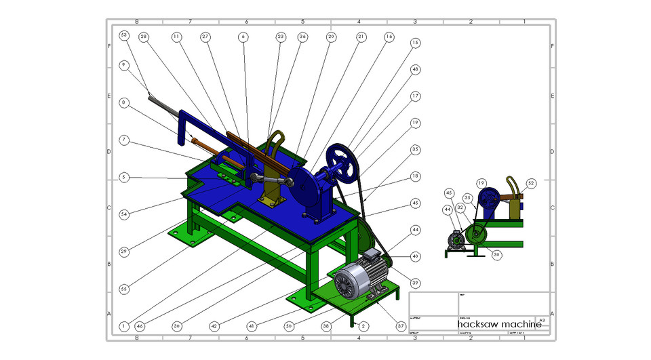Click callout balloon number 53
click(123, 35)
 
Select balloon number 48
click(415, 69)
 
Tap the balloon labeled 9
click(123, 65)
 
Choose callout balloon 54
click(123, 214)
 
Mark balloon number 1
click(123, 326)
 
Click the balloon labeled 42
click(214, 326)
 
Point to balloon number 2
click(363, 326)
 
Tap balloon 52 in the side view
click(531, 183)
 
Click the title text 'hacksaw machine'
click(498, 325)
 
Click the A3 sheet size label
click(541, 319)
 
